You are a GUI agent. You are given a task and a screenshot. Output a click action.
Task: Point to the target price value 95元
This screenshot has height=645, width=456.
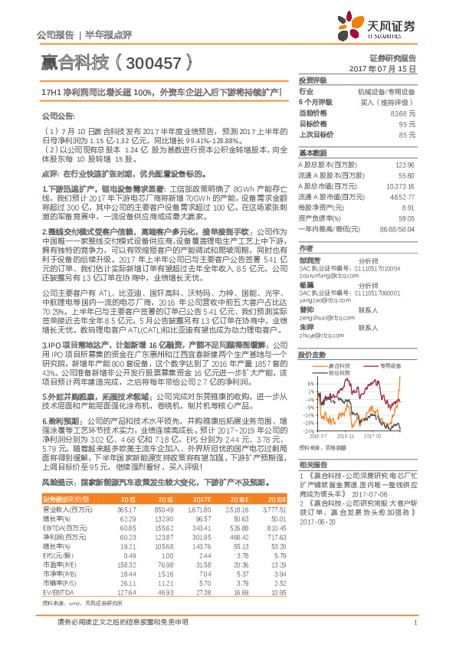[x=408, y=123]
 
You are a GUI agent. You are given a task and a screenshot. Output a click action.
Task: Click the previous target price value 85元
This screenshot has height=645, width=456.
[x=408, y=134]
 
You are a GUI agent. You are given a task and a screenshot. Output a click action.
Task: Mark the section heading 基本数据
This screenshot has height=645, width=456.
[x=312, y=153]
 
